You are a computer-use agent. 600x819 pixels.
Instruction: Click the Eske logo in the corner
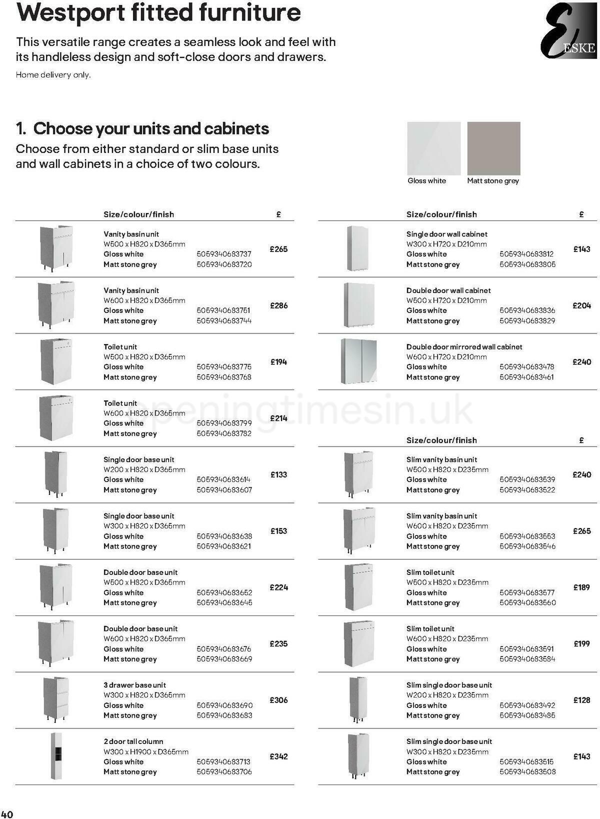tap(568, 30)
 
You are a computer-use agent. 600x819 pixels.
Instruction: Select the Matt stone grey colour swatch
tap(493, 148)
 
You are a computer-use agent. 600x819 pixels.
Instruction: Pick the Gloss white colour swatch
tap(433, 148)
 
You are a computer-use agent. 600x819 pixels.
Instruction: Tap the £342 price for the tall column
tap(278, 756)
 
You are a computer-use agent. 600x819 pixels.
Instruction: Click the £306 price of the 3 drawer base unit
tap(278, 700)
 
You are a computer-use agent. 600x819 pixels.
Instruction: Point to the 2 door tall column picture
tap(56, 756)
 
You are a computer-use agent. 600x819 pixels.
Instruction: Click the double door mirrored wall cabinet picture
tap(358, 361)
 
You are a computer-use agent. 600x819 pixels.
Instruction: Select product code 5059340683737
tap(224, 254)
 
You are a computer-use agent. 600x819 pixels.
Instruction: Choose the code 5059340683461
tap(526, 377)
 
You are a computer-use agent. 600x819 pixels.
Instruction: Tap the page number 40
tap(7, 814)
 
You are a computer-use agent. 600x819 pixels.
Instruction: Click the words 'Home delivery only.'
tap(53, 75)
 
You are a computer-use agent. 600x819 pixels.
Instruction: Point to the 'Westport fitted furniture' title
tap(158, 12)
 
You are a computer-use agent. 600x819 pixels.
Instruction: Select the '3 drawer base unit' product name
tap(134, 685)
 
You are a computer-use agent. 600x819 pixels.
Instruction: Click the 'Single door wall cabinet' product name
tap(446, 234)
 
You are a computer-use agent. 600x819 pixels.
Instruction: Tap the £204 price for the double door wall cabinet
tap(581, 305)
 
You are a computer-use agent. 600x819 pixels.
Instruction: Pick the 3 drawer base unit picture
tap(55, 699)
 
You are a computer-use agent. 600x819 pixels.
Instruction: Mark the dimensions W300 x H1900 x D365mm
tap(145, 751)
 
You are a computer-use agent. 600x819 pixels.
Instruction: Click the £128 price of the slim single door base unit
tap(581, 700)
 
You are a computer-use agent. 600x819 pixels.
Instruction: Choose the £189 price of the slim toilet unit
tap(581, 587)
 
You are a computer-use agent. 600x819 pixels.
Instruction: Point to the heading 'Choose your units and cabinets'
tap(150, 128)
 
